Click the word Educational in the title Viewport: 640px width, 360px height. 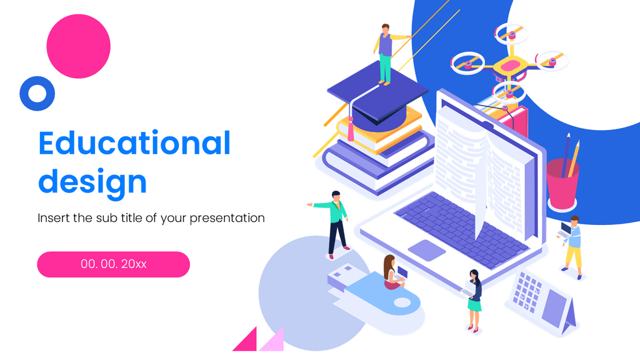(x=134, y=144)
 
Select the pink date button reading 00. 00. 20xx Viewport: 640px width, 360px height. (x=113, y=264)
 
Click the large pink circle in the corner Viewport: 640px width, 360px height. (x=78, y=46)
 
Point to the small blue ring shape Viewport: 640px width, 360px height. (x=37, y=93)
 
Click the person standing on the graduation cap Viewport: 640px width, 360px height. (x=386, y=53)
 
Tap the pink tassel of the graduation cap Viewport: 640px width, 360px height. (x=352, y=130)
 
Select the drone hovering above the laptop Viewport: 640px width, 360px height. (x=509, y=62)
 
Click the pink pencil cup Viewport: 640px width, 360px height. (x=562, y=184)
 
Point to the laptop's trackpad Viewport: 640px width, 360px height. (x=427, y=249)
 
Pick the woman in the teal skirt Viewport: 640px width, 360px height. (x=474, y=299)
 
